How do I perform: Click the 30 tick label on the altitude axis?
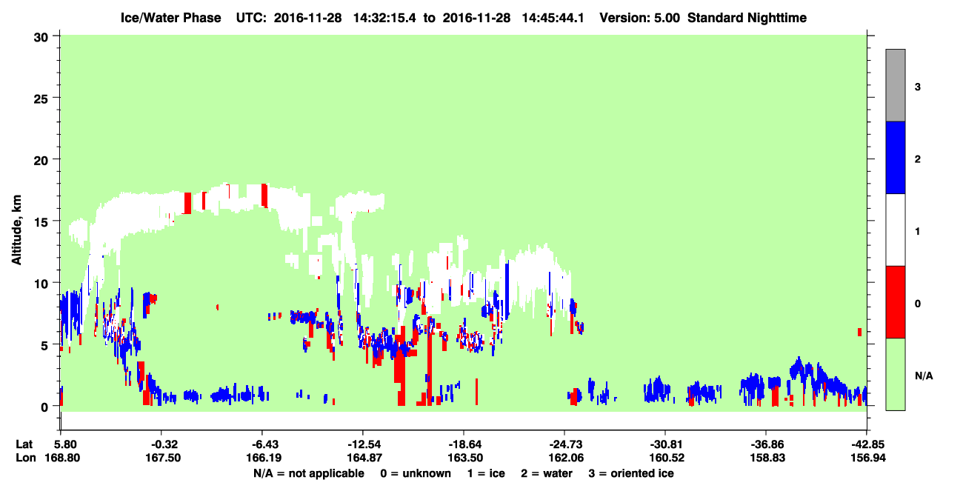point(41,38)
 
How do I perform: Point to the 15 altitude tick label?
point(41,221)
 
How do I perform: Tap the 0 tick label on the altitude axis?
point(44,407)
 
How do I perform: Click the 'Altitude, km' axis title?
point(16,230)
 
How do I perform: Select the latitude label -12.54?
point(364,444)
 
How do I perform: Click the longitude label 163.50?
point(465,458)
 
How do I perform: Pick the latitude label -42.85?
point(867,444)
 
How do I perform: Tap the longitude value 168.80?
point(62,458)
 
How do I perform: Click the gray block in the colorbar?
point(895,85)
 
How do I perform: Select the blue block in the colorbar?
point(895,157)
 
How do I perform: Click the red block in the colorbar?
point(895,302)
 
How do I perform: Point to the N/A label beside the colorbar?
point(924,376)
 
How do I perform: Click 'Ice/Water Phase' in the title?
point(170,18)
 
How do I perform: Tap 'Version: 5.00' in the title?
point(640,18)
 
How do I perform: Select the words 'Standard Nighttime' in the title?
point(747,18)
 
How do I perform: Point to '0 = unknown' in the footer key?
point(416,473)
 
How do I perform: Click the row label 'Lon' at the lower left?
point(26,458)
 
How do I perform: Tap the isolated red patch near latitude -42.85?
point(859,332)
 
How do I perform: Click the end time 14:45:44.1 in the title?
point(553,18)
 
